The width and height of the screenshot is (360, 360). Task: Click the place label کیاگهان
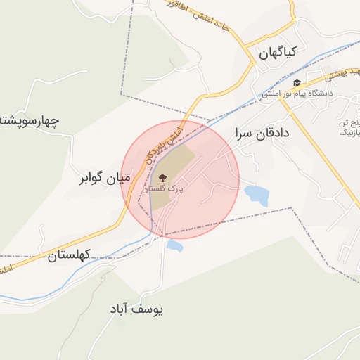point(278,53)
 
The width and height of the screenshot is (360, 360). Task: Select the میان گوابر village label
point(105,179)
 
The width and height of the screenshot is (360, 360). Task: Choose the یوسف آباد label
point(137,309)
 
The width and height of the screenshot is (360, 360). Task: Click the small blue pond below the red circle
point(174,246)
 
